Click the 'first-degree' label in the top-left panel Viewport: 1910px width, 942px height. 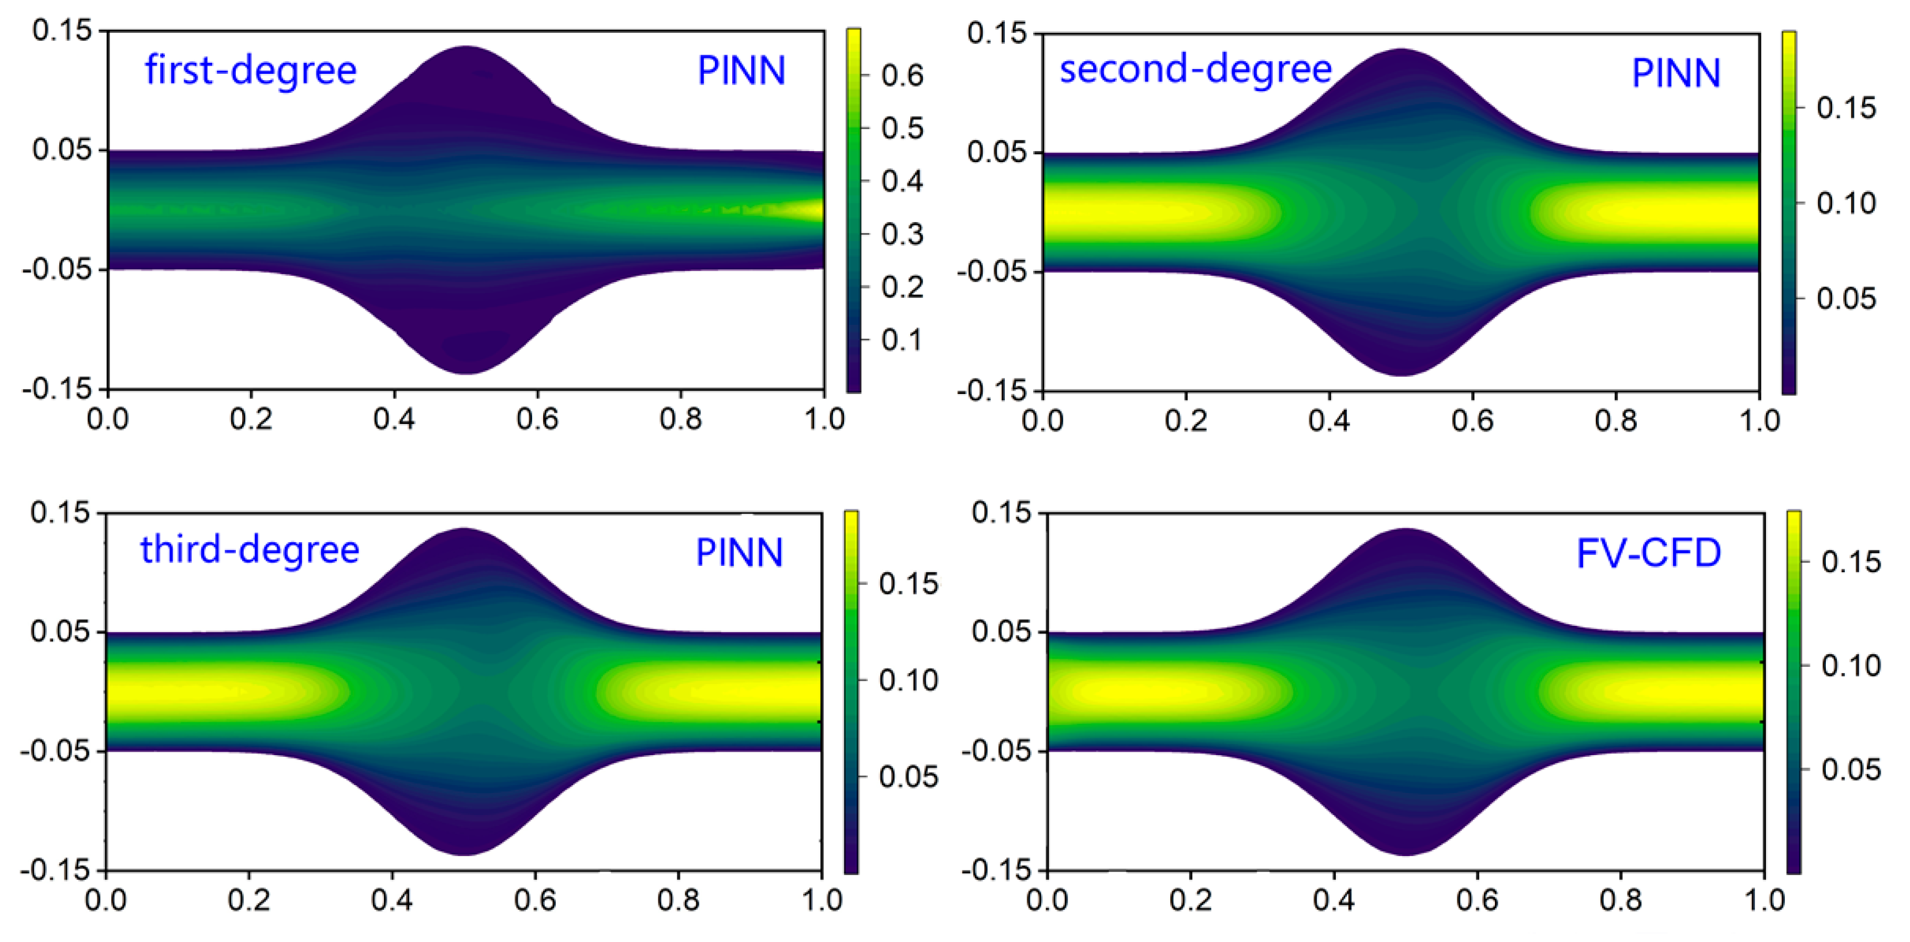pos(251,70)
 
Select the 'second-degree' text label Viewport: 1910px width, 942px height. pos(1195,70)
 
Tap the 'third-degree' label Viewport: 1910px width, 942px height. pos(250,550)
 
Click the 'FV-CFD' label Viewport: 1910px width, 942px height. pos(1648,553)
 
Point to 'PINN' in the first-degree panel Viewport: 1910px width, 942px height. pos(741,71)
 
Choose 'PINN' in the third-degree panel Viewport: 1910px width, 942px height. pos(739,553)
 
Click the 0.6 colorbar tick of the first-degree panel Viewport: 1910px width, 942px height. pos(902,76)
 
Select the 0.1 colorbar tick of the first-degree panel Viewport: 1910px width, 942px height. pos(902,340)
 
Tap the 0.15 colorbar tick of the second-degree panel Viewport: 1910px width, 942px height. pos(1845,108)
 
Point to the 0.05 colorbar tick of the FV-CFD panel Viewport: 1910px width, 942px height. pos(1851,769)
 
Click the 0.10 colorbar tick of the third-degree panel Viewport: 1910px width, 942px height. pos(908,680)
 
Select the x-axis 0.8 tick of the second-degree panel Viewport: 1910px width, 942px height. pos(1615,421)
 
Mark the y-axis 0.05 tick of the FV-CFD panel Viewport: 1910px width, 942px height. pos(1001,632)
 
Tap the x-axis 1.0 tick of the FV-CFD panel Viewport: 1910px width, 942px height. pos(1764,900)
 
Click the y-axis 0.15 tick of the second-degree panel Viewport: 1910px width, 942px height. pos(997,33)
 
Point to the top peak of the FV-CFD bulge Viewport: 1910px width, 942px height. pos(1405,530)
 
